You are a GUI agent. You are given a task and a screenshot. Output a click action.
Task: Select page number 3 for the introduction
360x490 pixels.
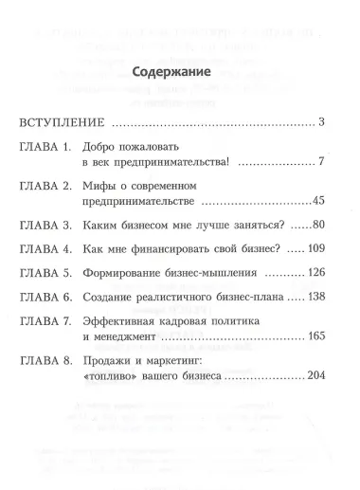pos(322,122)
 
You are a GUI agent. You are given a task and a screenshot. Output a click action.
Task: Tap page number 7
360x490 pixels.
pos(322,163)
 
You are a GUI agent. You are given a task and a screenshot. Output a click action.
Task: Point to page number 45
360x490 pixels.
pos(318,203)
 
